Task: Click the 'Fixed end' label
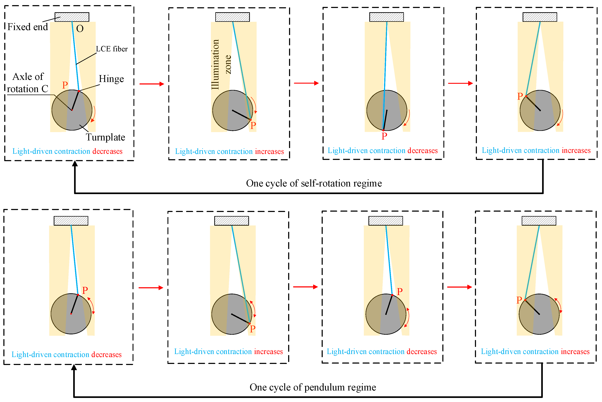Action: coord(27,27)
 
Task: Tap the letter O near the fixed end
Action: coord(80,29)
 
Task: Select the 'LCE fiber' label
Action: coord(112,49)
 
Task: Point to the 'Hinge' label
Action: coord(111,79)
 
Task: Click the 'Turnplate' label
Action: coord(105,137)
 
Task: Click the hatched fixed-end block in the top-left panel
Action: coord(72,17)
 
